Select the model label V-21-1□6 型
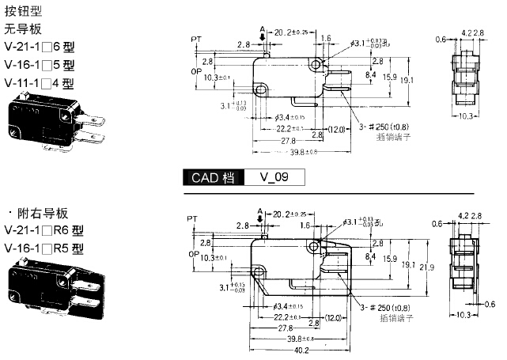39,47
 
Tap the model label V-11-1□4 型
39,81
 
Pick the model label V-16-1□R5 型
44,248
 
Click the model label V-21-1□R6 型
44,231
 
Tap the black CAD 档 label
214,178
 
